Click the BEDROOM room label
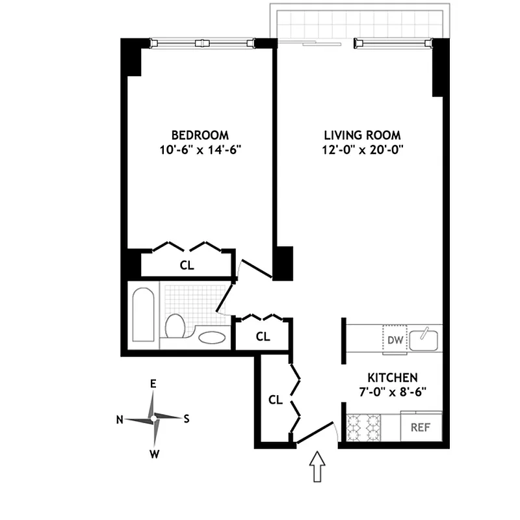point(200,135)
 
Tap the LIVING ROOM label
point(363,135)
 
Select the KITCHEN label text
point(393,378)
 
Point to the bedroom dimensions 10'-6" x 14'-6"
point(200,150)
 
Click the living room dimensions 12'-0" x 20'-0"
point(363,150)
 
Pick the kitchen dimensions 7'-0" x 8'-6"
point(393,393)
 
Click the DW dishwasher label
point(395,340)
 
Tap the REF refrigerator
point(421,426)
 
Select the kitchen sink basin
point(424,340)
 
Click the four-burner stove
point(363,428)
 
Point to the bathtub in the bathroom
point(143,315)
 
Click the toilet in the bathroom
point(175,326)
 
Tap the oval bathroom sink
point(212,338)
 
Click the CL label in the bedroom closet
point(187,265)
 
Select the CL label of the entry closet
point(276,400)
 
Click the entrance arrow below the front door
point(317,466)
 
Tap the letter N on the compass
point(120,420)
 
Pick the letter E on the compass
point(153,384)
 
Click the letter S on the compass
point(187,419)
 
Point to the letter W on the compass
point(154,454)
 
